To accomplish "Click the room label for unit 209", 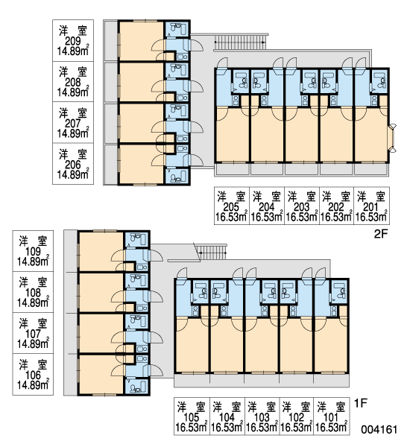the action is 73,40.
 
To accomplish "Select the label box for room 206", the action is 73,164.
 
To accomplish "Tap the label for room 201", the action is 372,206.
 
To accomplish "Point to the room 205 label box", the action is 232,206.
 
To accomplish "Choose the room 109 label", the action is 33,251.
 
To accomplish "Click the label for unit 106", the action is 33,374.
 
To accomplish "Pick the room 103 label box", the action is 262,416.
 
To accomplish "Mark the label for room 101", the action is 332,416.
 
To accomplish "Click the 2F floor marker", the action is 381,234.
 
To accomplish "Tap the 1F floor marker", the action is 361,403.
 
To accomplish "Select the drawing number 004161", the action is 379,429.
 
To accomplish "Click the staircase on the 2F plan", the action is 240,42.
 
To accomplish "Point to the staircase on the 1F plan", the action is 212,252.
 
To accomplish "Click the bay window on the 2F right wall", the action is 393,139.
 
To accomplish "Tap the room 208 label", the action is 73,81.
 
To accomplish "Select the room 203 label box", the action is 302,206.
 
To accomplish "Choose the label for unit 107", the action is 33,333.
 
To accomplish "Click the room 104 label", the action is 227,416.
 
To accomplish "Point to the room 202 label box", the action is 337,206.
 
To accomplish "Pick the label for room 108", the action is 33,292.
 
